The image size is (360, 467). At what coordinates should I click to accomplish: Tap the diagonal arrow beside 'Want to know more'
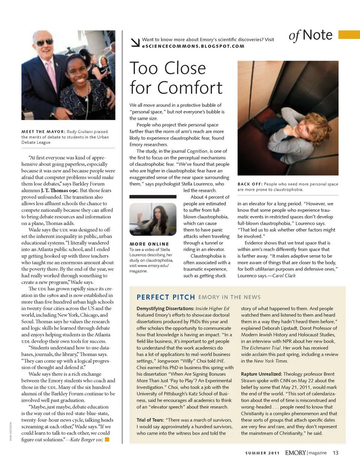135,42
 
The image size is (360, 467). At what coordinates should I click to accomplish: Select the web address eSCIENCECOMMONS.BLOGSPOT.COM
193,46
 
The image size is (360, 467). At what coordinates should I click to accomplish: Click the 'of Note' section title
310,35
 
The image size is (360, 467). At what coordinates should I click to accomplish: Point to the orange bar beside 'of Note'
349,35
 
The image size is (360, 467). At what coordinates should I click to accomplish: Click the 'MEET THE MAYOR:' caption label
43,132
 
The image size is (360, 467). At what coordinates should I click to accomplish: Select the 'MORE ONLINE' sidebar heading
149,244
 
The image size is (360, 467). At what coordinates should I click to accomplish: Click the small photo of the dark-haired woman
153,219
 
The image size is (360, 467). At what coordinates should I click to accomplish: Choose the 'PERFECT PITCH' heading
166,297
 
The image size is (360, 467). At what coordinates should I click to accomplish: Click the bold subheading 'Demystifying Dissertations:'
165,308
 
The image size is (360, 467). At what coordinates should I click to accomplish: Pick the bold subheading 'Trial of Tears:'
150,420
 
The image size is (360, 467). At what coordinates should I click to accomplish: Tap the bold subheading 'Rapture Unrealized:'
261,374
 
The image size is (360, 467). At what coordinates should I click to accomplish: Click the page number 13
335,453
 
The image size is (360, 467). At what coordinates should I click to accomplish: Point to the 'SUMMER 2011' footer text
262,453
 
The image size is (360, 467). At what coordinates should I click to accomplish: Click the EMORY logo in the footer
295,453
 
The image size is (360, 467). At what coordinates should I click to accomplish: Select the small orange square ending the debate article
107,439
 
